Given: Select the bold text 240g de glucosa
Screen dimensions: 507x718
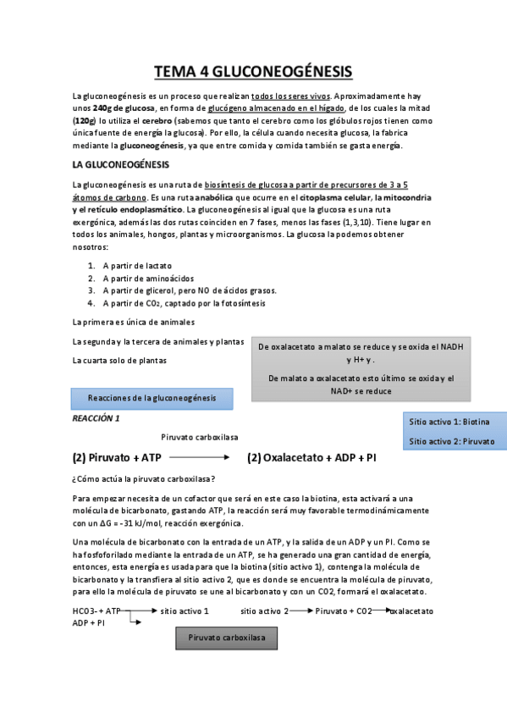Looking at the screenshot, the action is click(x=124, y=108).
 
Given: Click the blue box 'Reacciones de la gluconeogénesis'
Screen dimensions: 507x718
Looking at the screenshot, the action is click(x=152, y=397).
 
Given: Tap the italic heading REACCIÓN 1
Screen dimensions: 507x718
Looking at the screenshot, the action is click(x=96, y=418).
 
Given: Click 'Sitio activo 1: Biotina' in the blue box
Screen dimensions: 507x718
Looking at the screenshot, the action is click(x=449, y=422).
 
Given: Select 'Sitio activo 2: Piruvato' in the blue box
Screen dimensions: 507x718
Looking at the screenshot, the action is click(x=452, y=441).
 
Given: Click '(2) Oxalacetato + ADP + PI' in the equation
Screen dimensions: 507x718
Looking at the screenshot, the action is click(x=312, y=458).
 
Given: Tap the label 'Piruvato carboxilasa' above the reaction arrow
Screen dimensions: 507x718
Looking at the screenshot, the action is click(x=199, y=437).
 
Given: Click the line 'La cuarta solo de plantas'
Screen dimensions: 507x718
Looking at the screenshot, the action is click(x=119, y=361).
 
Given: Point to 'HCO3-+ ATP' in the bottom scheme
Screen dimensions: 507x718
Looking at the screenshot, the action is click(x=97, y=610).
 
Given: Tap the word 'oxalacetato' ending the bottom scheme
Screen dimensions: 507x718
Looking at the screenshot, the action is click(x=411, y=610).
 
